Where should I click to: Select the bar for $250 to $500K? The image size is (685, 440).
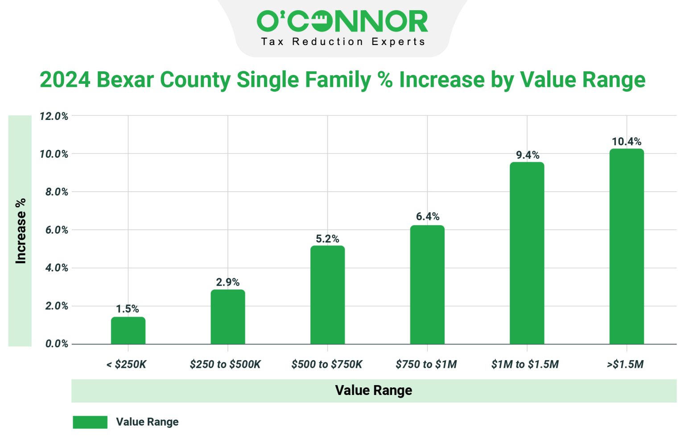tap(228, 317)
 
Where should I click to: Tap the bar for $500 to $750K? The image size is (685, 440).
tap(327, 295)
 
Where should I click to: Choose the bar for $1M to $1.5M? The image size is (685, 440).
tap(527, 253)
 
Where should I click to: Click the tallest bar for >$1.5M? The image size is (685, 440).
tap(627, 246)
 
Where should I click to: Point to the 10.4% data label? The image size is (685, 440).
tap(627, 142)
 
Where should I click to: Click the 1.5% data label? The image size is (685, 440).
tap(128, 308)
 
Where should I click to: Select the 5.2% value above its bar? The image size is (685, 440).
tap(327, 239)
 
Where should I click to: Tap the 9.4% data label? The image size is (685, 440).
tap(528, 155)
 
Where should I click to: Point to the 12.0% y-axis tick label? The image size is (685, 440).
tap(54, 116)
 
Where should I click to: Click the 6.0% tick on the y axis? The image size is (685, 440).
tap(57, 230)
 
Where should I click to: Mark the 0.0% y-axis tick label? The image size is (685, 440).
tap(57, 344)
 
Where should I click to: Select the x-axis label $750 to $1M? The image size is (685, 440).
tap(426, 364)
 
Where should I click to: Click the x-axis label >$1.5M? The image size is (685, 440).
tap(625, 364)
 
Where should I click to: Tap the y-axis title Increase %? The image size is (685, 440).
tap(21, 231)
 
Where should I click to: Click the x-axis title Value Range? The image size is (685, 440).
tap(373, 391)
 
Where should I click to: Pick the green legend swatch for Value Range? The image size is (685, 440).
tap(90, 422)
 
